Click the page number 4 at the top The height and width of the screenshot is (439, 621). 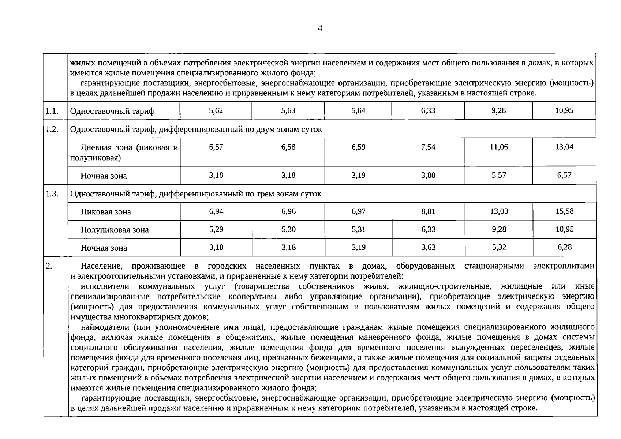[x=320, y=29]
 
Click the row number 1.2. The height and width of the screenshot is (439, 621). [x=52, y=130]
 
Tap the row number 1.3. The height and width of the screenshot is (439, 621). [x=52, y=194]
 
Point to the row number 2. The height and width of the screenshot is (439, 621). [x=49, y=266]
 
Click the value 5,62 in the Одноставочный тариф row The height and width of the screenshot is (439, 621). [x=216, y=110]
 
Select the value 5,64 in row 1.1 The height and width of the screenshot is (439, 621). [x=358, y=110]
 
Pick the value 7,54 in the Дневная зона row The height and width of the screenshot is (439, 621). [x=428, y=147]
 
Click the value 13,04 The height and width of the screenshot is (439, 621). [x=564, y=147]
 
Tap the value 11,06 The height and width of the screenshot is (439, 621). [x=499, y=147]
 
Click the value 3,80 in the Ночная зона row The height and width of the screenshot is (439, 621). [x=428, y=175]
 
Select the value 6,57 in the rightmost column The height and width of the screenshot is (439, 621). [x=564, y=175]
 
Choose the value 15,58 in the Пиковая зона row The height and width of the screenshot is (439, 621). [x=564, y=211]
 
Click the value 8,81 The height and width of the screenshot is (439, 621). [x=428, y=211]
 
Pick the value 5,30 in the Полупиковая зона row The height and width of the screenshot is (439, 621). [x=288, y=229]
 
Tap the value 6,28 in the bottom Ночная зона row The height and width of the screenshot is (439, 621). [x=564, y=247]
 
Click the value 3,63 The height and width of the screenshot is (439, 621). [x=428, y=247]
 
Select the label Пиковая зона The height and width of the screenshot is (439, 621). [x=106, y=212]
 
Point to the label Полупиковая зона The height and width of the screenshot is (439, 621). [x=115, y=230]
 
